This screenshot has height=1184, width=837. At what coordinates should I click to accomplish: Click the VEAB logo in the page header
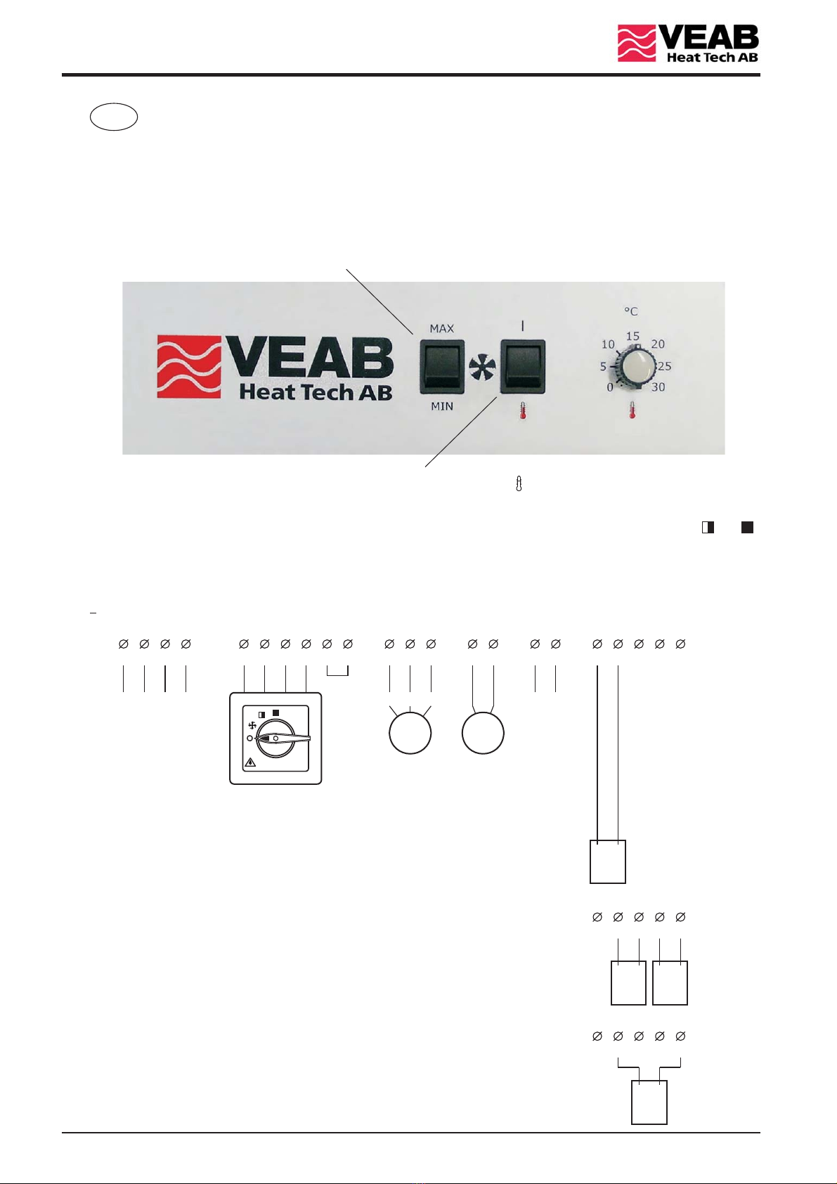point(687,44)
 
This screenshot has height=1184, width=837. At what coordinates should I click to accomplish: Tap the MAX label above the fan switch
point(442,328)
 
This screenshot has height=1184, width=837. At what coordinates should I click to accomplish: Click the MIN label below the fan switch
point(442,406)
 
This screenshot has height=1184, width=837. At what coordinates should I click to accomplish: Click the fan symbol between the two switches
point(482,367)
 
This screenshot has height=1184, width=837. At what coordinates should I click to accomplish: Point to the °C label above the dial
point(631,311)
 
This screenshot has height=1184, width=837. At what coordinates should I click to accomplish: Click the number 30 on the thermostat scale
point(658,387)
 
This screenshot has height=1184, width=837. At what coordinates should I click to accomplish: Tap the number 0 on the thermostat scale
point(609,387)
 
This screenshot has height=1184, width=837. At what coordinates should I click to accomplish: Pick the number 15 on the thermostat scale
point(632,336)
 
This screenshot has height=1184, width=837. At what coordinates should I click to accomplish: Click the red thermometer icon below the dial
point(632,410)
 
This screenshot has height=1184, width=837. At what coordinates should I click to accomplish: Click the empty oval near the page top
point(113,117)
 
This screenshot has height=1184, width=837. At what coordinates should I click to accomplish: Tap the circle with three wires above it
point(410,733)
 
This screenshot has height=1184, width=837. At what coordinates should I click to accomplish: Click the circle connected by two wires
point(483,733)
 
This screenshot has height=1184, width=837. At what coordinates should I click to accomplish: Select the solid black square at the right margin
point(748,527)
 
